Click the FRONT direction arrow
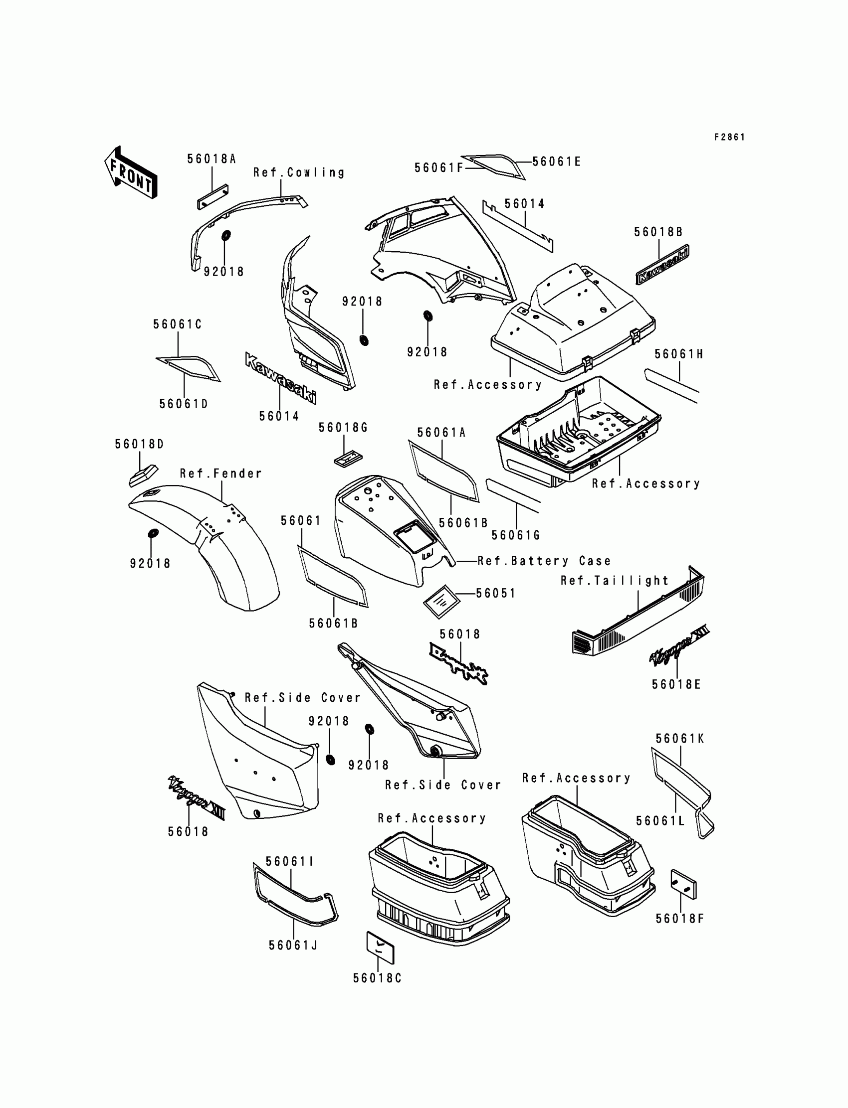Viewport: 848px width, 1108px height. (131, 172)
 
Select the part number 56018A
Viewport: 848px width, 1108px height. (212, 159)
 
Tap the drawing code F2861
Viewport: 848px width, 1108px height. (729, 137)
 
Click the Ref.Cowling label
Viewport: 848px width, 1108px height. (299, 172)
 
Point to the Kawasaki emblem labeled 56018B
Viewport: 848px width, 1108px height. (662, 265)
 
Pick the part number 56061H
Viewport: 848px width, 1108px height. (679, 354)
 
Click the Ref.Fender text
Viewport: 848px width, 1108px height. (221, 473)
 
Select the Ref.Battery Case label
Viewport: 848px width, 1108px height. (544, 561)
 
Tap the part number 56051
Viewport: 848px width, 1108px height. (496, 593)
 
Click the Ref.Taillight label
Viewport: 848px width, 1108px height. (615, 581)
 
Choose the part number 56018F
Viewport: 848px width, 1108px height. (679, 919)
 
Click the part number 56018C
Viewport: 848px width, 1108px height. (377, 978)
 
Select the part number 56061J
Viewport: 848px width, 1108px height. (293, 945)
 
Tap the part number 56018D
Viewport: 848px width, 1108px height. (139, 444)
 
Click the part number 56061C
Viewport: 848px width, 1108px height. (178, 324)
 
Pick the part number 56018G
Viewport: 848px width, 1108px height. (343, 428)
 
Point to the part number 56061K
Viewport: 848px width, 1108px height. (680, 738)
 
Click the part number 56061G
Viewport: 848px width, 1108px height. (516, 535)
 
